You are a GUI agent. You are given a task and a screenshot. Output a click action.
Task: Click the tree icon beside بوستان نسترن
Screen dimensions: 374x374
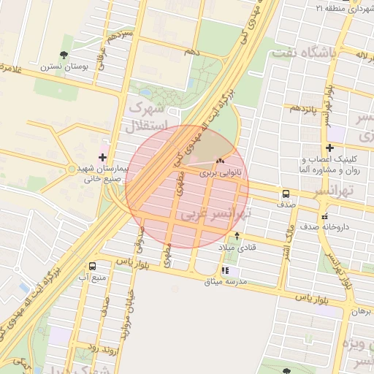coord(64,54)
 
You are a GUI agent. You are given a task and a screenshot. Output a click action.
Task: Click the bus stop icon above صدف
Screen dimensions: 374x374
coord(285,194)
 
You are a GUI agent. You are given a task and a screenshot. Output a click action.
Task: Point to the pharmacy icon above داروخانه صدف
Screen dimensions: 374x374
coord(324,216)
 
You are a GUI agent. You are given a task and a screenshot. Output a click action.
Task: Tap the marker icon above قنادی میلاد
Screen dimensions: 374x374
coord(237,236)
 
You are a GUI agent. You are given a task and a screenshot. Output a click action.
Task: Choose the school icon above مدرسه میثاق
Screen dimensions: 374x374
coord(224,271)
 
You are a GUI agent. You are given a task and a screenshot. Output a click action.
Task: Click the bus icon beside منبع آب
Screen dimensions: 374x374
coord(92,266)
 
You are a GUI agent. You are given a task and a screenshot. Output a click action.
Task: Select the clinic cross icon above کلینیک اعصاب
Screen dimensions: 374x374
coord(329,148)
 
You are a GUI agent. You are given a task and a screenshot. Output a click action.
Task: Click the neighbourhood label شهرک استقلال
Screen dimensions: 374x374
coord(148,115)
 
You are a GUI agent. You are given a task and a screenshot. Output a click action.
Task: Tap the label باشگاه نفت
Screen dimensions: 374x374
coord(302,53)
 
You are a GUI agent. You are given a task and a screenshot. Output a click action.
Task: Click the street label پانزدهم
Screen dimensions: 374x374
coord(305,108)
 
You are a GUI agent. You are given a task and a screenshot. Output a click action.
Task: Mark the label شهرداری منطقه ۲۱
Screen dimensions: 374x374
coord(343,8)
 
